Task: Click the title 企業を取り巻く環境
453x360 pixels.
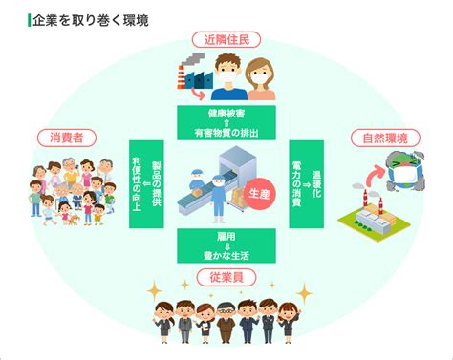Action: click(x=91, y=21)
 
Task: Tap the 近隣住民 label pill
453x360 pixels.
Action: click(x=226, y=40)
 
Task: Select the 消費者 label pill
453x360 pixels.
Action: click(x=67, y=138)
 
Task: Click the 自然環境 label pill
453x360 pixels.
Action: click(x=385, y=138)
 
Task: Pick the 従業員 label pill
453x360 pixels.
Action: click(x=226, y=277)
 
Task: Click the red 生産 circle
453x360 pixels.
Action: click(x=259, y=193)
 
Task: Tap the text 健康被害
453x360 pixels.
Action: click(x=226, y=114)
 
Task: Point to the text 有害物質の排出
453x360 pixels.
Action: click(x=226, y=133)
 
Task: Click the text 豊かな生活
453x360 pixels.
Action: click(x=226, y=256)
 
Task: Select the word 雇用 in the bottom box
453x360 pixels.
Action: click(x=226, y=237)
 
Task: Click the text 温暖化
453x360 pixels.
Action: click(x=316, y=184)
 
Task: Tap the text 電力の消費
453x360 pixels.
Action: click(x=297, y=184)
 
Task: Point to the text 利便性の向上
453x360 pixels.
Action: click(x=137, y=184)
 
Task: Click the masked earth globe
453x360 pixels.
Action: click(x=405, y=171)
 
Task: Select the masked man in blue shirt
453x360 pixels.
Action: click(x=229, y=76)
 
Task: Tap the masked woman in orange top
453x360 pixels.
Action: click(x=261, y=79)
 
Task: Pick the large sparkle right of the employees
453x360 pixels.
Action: click(x=304, y=293)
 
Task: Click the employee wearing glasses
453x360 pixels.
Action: click(x=226, y=322)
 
